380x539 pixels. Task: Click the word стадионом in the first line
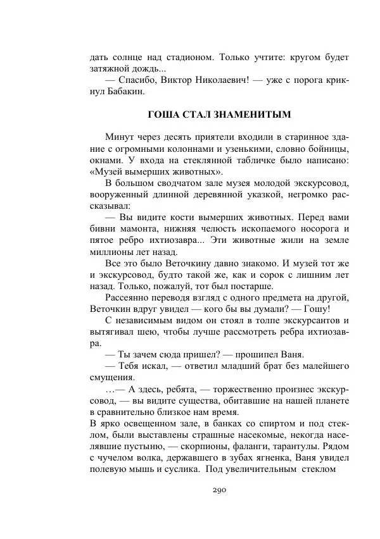pyautogui.click(x=186, y=57)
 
